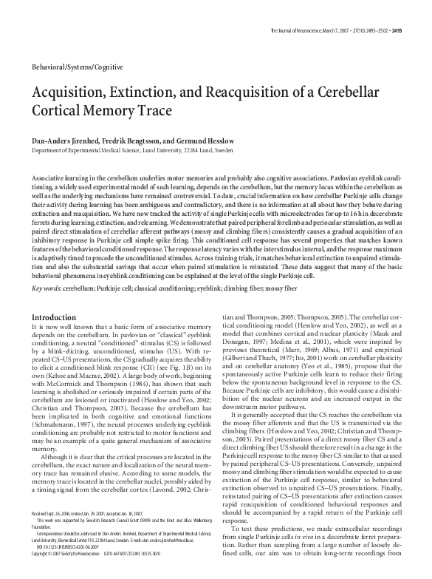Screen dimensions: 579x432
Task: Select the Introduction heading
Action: click(55, 318)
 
